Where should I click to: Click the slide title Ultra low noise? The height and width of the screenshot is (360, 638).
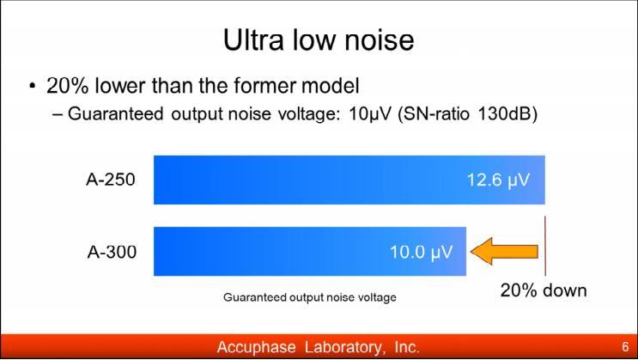pyautogui.click(x=319, y=40)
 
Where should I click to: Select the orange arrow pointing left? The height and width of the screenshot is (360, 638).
pyautogui.click(x=504, y=252)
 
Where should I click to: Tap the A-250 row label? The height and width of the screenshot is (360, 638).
pyautogui.click(x=111, y=180)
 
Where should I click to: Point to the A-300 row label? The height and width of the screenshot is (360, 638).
pyautogui.click(x=112, y=252)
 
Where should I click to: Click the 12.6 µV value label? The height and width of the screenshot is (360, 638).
pyautogui.click(x=498, y=180)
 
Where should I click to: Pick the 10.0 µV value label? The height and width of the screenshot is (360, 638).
pyautogui.click(x=421, y=252)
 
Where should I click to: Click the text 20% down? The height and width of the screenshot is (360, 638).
pyautogui.click(x=544, y=290)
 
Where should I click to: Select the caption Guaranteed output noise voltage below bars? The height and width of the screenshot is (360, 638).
pyautogui.click(x=310, y=297)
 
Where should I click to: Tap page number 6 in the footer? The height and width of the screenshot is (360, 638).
pyautogui.click(x=625, y=346)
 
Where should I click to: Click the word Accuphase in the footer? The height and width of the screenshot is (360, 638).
pyautogui.click(x=257, y=347)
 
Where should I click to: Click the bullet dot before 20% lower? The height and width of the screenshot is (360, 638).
pyautogui.click(x=33, y=86)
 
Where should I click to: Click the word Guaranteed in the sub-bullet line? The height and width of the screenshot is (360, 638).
pyautogui.click(x=116, y=113)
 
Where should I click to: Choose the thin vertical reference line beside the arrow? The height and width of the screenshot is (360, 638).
pyautogui.click(x=545, y=246)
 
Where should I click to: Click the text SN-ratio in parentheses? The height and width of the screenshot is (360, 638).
pyautogui.click(x=434, y=113)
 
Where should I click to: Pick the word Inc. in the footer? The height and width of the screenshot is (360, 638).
pyautogui.click(x=407, y=347)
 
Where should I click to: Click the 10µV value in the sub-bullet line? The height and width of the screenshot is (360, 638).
pyautogui.click(x=370, y=114)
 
